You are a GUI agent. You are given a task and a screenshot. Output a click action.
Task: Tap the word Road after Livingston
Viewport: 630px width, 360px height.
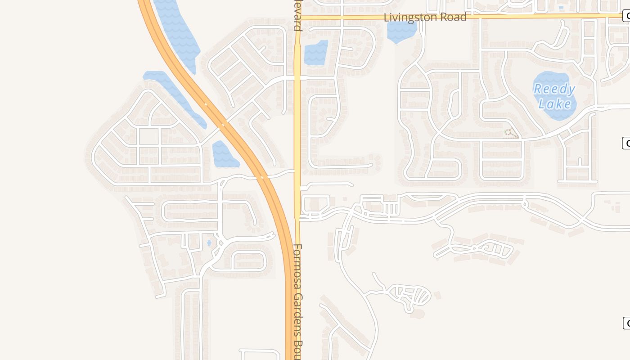(453, 17)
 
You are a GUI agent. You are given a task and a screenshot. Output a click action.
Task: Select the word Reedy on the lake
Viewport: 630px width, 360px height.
(554, 89)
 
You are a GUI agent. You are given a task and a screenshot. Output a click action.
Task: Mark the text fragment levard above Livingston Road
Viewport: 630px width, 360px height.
(297, 15)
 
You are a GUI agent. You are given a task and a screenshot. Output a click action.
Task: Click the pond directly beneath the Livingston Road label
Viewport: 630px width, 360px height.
(401, 31)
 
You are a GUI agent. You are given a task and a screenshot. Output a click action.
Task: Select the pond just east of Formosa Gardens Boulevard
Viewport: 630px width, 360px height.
(316, 53)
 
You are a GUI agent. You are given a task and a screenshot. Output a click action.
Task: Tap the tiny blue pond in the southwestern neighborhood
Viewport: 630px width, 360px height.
(209, 243)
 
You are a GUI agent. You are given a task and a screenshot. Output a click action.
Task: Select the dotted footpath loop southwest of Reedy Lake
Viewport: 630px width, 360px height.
(510, 133)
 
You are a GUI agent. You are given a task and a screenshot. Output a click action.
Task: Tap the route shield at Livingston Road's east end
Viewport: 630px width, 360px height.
(626, 16)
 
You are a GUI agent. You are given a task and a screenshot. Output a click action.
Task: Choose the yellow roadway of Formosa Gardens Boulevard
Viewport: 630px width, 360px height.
(297, 135)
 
